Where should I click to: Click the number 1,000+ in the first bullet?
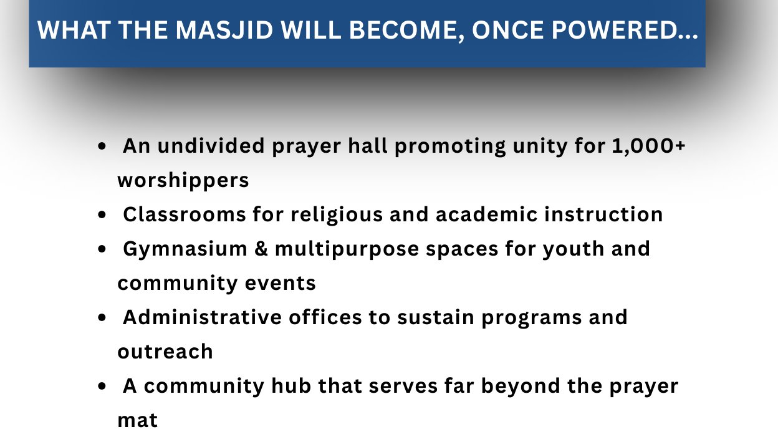pyautogui.click(x=648, y=146)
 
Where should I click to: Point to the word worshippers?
pyautogui.click(x=183, y=181)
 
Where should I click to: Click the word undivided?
pyautogui.click(x=211, y=145)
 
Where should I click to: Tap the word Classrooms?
pyautogui.click(x=185, y=214)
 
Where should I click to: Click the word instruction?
pyautogui.click(x=603, y=214)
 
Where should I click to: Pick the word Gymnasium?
pyautogui.click(x=185, y=249)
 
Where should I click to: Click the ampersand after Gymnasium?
pyautogui.click(x=261, y=249)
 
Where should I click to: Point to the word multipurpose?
pyautogui.click(x=347, y=249)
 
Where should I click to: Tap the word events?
pyautogui.click(x=281, y=284)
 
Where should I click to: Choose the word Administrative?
pyautogui.click(x=202, y=317)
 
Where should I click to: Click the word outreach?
pyautogui.click(x=165, y=352)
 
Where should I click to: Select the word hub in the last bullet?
pyautogui.click(x=291, y=386)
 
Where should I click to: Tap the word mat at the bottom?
pyautogui.click(x=138, y=421)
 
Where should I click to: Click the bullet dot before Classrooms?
pyautogui.click(x=102, y=215)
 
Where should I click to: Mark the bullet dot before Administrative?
pyautogui.click(x=102, y=318)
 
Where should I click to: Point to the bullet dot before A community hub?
pyautogui.click(x=102, y=387)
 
